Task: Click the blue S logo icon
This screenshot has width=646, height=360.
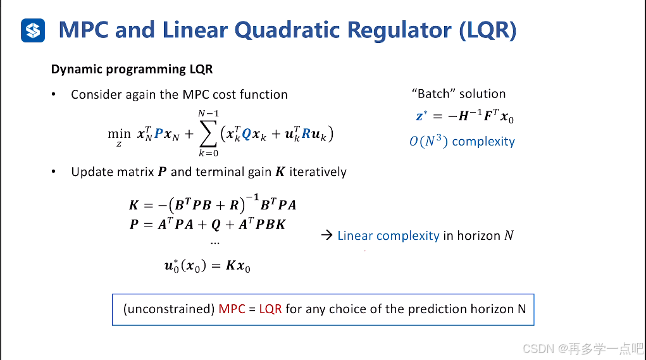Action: tap(33, 30)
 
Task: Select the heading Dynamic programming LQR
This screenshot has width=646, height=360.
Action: tap(132, 69)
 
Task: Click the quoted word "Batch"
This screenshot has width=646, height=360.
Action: tap(433, 94)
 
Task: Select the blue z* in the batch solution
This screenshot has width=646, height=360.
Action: tap(421, 116)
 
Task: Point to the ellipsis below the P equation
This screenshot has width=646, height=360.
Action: tap(215, 242)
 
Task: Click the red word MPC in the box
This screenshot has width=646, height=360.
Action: tap(232, 309)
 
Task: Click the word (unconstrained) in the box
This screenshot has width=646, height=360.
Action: tap(168, 309)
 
